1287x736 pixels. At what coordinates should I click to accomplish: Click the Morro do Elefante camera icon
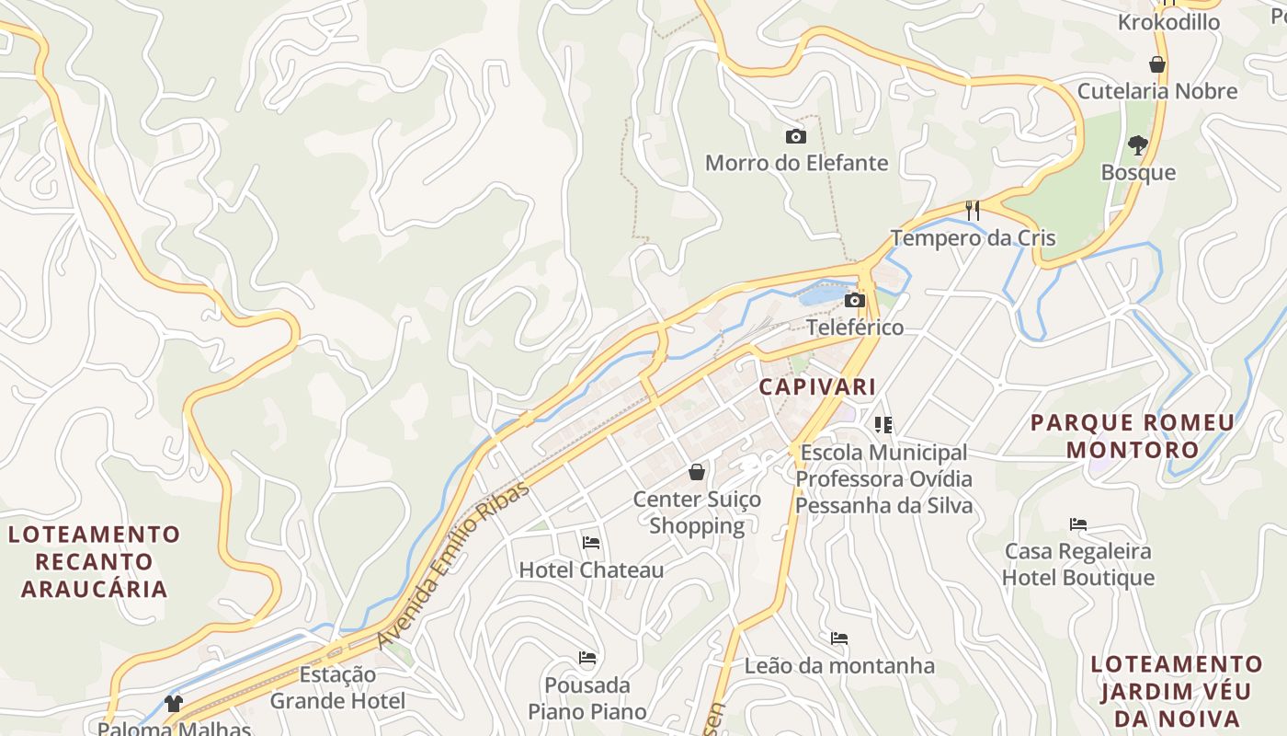796,137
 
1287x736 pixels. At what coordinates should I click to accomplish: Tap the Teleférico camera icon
855,301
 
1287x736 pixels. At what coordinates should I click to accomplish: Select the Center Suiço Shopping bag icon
698,473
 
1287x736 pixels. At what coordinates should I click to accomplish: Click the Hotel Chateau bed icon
591,543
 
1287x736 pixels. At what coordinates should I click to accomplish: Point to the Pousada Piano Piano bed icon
587,658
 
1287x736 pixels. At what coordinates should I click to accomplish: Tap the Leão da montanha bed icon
839,638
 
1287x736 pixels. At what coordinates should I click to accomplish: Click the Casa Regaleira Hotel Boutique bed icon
1078,524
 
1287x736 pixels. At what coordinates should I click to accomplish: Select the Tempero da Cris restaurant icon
973,211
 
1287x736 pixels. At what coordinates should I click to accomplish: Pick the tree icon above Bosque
1138,145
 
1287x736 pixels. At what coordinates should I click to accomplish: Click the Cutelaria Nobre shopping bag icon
1156,64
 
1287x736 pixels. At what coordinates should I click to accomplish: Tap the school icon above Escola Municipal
883,425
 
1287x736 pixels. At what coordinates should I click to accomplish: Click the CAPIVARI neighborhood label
817,386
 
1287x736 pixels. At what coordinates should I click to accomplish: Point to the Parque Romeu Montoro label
1133,436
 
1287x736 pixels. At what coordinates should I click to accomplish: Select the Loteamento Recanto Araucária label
95,561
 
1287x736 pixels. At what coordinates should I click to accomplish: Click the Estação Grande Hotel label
337,687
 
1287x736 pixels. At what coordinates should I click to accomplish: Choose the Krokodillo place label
1168,22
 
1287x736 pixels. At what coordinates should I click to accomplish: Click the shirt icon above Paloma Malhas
174,704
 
